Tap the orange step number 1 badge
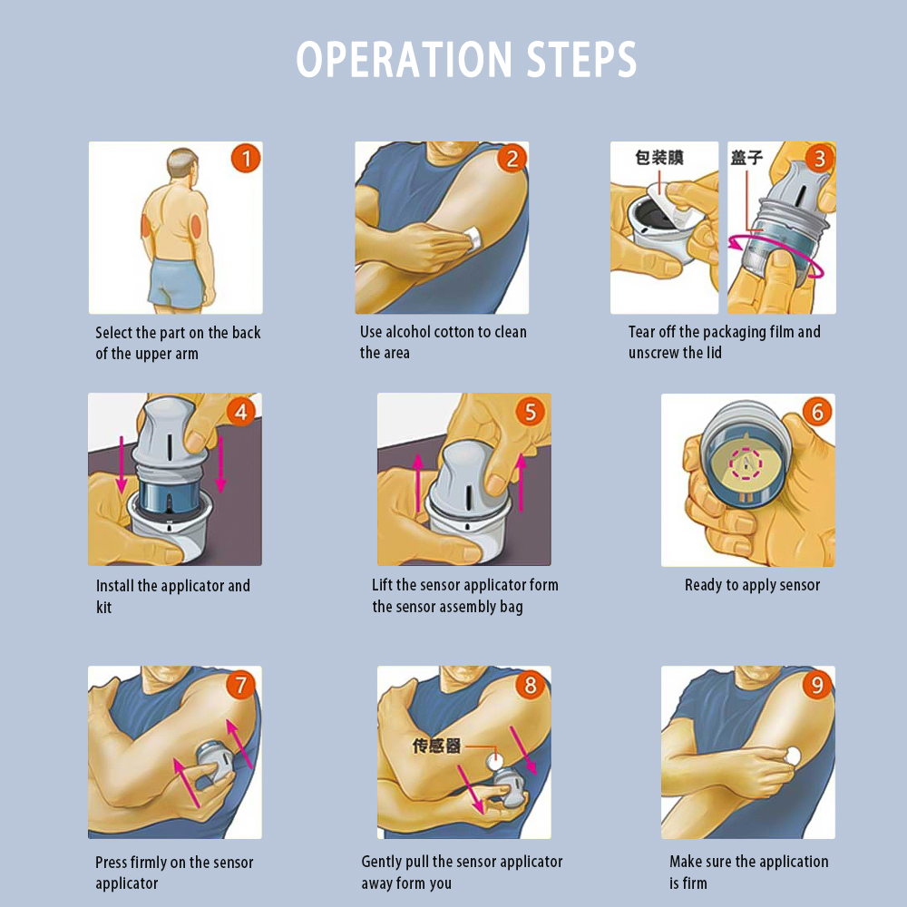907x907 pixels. pyautogui.click(x=246, y=159)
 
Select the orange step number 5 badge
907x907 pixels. pyautogui.click(x=531, y=412)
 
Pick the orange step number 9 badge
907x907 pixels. pyautogui.click(x=817, y=685)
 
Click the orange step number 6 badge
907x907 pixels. pyautogui.click(x=817, y=412)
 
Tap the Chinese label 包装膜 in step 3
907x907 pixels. pyautogui.click(x=659, y=157)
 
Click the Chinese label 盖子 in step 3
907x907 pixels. pyautogui.click(x=746, y=157)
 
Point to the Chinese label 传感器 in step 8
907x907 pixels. pyautogui.click(x=437, y=746)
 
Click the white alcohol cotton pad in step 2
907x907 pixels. pyautogui.click(x=473, y=238)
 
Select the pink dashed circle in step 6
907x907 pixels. pyautogui.click(x=746, y=463)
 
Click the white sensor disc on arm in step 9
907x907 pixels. pyautogui.click(x=793, y=756)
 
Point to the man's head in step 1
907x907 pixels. pyautogui.click(x=183, y=165)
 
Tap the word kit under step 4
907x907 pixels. pyautogui.click(x=103, y=607)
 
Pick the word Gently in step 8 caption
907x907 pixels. pyautogui.click(x=382, y=862)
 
